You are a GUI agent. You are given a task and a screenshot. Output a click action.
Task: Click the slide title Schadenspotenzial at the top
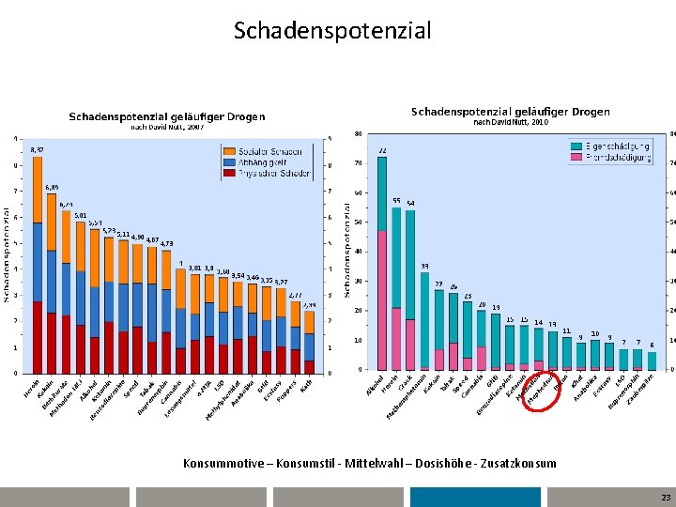(x=332, y=31)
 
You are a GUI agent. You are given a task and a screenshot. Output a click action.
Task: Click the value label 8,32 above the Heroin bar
(x=37, y=149)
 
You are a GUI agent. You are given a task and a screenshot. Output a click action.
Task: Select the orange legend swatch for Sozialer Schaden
(x=230, y=151)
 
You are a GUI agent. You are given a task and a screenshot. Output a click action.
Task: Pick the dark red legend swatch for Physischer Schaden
(x=230, y=173)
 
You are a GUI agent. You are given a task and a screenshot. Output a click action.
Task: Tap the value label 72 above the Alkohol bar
(x=382, y=150)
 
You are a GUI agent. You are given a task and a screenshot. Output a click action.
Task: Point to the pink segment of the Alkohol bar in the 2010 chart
(x=382, y=300)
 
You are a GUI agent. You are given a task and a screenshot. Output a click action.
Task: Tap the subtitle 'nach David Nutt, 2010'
(x=511, y=123)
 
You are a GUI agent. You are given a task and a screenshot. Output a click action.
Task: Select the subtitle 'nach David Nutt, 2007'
(x=166, y=127)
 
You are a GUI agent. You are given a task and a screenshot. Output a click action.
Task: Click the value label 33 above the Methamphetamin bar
(x=424, y=266)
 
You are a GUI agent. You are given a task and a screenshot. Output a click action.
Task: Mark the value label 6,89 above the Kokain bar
(x=52, y=188)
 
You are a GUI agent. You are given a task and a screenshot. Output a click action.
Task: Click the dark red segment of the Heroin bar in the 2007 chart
(x=37, y=337)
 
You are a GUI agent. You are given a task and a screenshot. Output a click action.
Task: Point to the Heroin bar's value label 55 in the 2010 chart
(x=396, y=201)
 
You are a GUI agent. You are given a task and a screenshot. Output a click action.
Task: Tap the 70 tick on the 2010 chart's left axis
(x=358, y=163)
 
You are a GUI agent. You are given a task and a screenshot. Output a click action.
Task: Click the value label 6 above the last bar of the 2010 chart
(x=652, y=345)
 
